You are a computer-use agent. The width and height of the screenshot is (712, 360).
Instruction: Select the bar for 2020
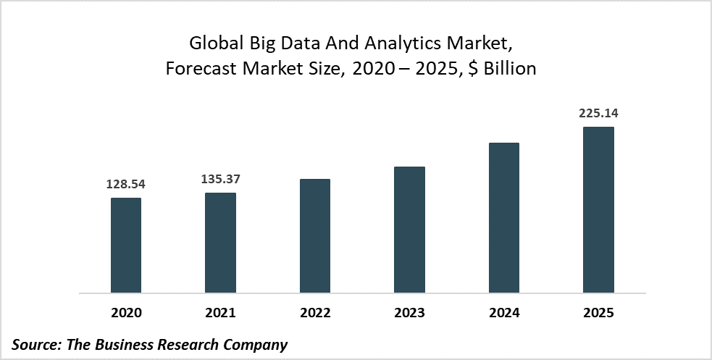(x=126, y=246)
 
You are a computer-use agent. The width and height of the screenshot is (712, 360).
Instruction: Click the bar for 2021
(x=220, y=243)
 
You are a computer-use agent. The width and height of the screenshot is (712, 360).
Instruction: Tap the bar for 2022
(x=314, y=236)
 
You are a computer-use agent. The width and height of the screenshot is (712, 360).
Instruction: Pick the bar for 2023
(x=409, y=230)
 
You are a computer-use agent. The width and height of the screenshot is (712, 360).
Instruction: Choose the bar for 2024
(x=503, y=218)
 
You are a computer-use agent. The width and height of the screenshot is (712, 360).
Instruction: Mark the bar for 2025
(x=598, y=210)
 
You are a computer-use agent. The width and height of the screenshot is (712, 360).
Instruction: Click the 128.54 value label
(x=126, y=185)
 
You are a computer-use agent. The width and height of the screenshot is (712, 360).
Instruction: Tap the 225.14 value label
(x=598, y=114)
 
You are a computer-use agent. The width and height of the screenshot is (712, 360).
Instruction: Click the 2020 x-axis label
(x=126, y=314)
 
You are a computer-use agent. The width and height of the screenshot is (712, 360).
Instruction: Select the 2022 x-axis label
(x=314, y=314)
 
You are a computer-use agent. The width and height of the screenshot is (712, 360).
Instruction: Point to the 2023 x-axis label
(x=409, y=314)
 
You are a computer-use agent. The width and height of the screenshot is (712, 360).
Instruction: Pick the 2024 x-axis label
(x=503, y=314)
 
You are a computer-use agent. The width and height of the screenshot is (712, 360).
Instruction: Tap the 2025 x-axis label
(x=598, y=314)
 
